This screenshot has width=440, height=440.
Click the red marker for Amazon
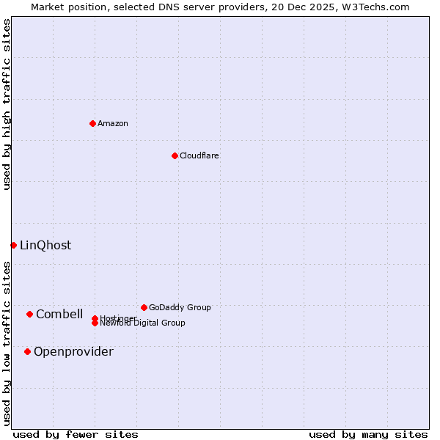[92, 123]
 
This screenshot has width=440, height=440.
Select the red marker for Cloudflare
[175, 155]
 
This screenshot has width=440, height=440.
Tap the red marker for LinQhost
[13, 245]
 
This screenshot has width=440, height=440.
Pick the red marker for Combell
[29, 314]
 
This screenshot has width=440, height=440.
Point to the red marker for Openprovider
[27, 351]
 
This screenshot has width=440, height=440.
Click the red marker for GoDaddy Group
[144, 307]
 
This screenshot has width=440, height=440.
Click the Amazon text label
[113, 123]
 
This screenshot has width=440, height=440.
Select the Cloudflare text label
[199, 155]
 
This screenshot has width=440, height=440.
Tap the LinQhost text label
[45, 245]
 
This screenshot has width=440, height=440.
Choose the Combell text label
[59, 314]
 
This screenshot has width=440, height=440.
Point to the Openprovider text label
[73, 351]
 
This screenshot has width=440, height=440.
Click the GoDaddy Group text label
[180, 307]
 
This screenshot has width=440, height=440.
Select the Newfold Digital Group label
[143, 323]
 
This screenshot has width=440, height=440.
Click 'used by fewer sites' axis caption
[76, 434]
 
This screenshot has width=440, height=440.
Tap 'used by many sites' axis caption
[368, 434]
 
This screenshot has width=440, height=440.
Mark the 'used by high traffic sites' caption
[7, 104]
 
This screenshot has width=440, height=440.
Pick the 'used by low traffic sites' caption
[7, 343]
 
